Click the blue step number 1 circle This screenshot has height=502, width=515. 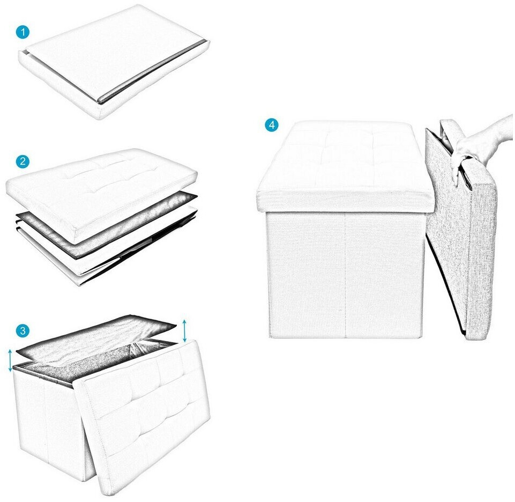[x=23, y=32]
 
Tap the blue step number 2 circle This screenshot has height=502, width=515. [x=23, y=161]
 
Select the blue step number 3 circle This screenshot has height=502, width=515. [x=23, y=330]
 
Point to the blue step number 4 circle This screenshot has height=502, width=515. [x=272, y=125]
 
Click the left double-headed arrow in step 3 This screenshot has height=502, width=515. [x=10, y=360]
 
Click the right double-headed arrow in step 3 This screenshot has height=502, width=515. [x=185, y=330]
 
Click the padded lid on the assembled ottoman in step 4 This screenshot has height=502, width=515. [x=345, y=166]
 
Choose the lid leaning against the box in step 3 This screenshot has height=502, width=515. [x=145, y=414]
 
